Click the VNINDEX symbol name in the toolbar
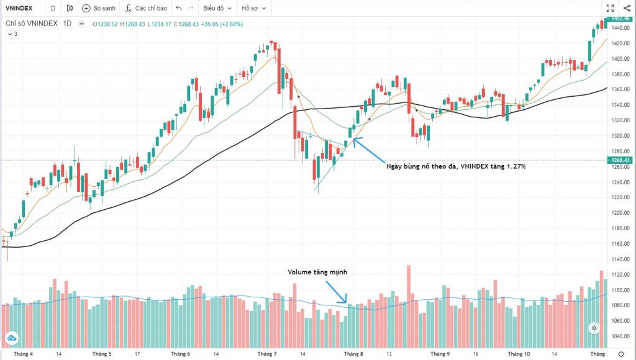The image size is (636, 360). (19, 9)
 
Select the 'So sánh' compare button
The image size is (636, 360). (99, 9)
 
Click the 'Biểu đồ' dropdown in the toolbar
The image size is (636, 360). (217, 9)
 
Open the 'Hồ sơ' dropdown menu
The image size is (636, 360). (254, 9)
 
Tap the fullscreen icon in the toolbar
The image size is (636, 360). (609, 9)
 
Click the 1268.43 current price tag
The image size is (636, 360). (619, 161)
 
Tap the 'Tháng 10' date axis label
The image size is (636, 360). (517, 354)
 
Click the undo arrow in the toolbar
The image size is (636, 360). (179, 9)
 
